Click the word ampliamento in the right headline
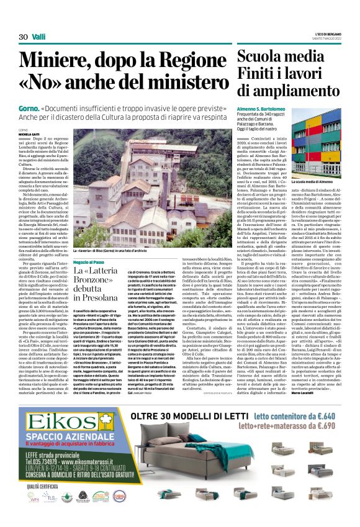coord(290,94)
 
